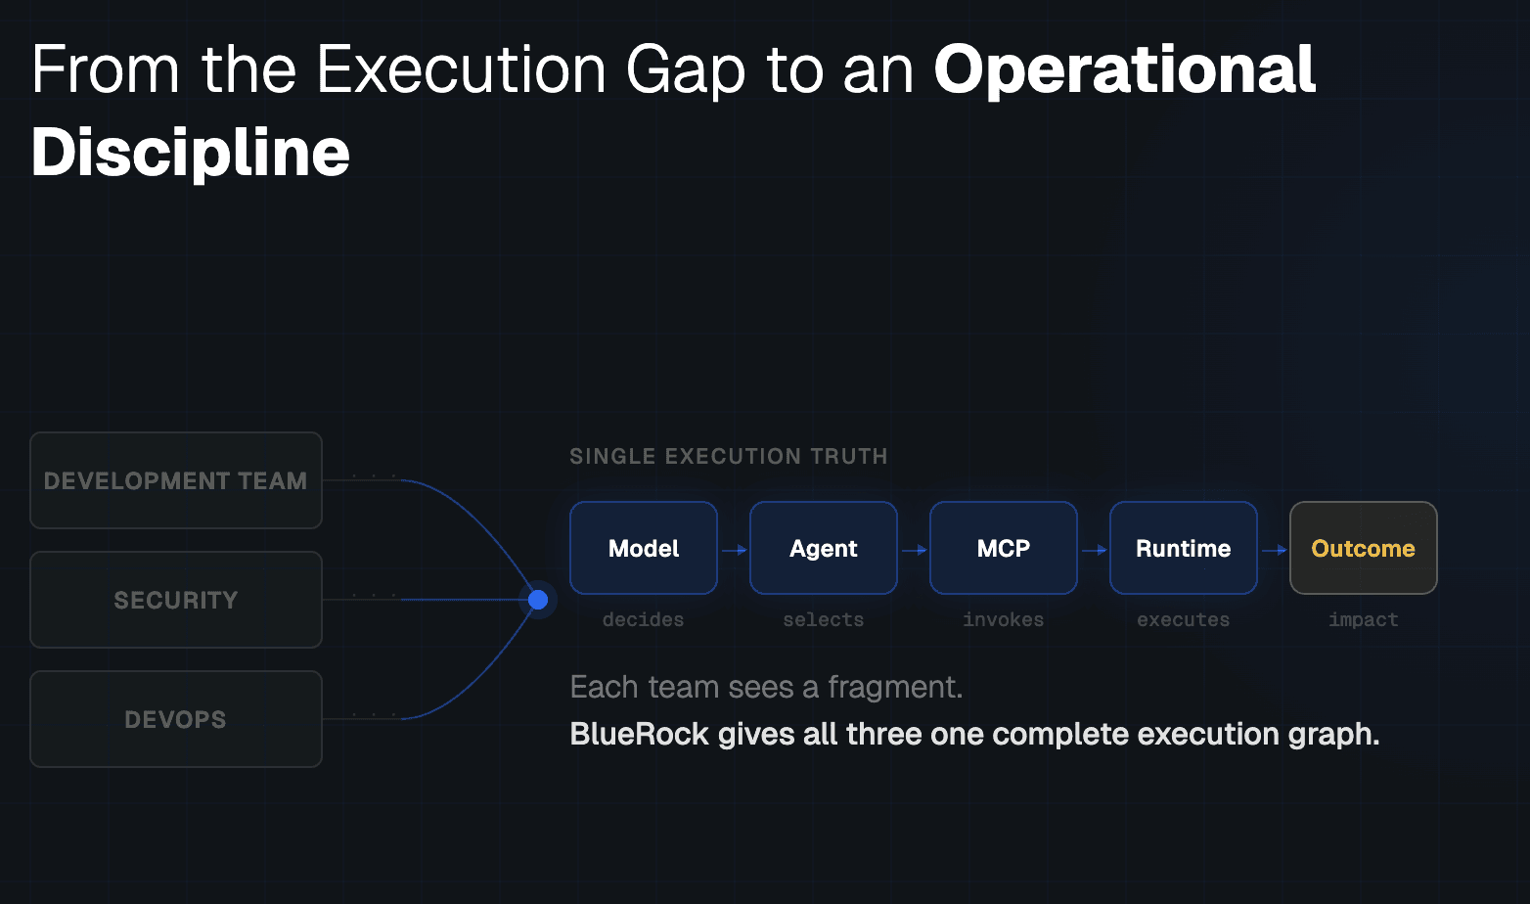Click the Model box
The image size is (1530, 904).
click(644, 548)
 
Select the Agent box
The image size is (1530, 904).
click(824, 548)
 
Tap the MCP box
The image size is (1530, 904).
click(1004, 548)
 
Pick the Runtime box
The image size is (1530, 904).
click(1184, 548)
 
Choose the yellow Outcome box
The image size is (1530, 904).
click(1364, 548)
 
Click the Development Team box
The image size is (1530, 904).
click(176, 480)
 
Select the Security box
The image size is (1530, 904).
click(176, 600)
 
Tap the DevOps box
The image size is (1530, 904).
click(176, 719)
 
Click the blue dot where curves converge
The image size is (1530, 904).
click(538, 600)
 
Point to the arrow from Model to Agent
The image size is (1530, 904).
click(734, 550)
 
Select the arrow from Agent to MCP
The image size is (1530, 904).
click(914, 550)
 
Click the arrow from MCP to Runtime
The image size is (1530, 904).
click(1094, 550)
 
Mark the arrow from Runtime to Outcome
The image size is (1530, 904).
click(1274, 550)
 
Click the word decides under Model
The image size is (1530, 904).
click(644, 619)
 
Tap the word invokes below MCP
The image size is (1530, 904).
click(1004, 619)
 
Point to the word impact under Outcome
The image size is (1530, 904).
click(1364, 619)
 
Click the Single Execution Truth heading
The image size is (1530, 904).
click(729, 456)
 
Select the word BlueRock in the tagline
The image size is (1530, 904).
click(639, 734)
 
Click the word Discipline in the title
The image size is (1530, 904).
click(191, 153)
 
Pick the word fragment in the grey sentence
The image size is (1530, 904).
click(893, 688)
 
